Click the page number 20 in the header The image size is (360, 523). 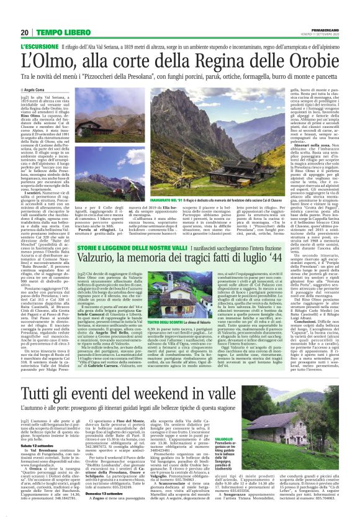click(25, 32)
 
